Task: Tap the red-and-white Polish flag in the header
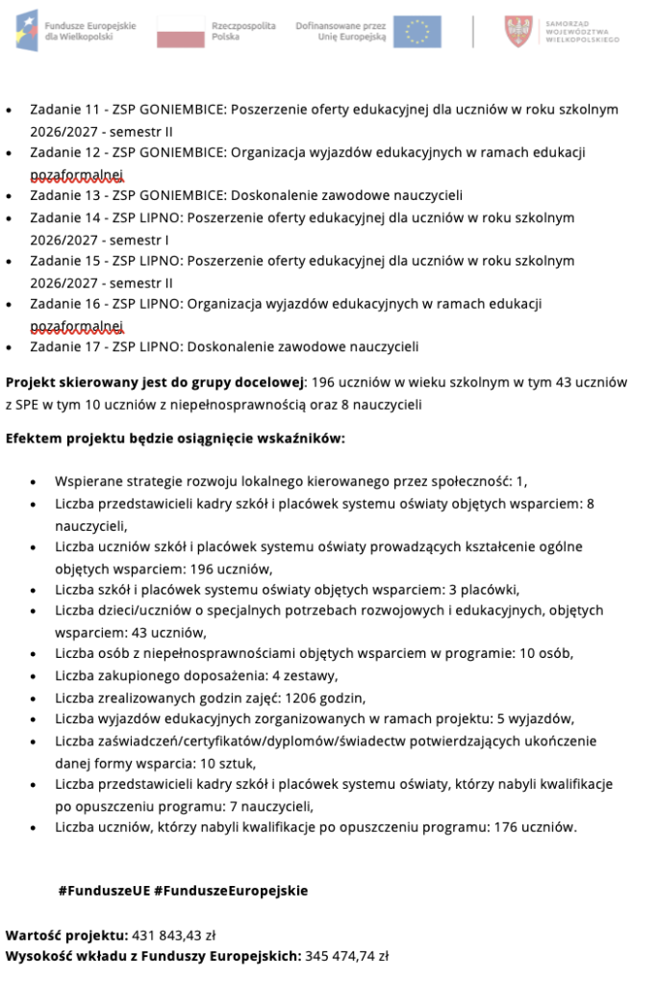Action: pyautogui.click(x=181, y=31)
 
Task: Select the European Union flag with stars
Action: pyautogui.click(x=417, y=31)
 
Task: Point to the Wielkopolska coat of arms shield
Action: pyautogui.click(x=517, y=31)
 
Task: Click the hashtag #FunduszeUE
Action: pyautogui.click(x=103, y=891)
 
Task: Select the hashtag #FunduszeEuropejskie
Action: pyautogui.click(x=231, y=891)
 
